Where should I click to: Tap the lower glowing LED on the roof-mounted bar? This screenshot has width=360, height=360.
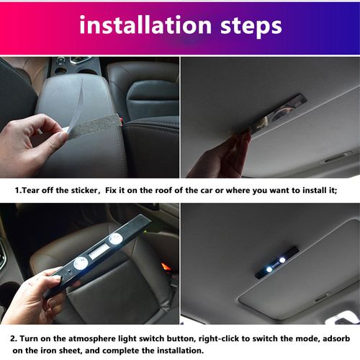[x=269, y=269]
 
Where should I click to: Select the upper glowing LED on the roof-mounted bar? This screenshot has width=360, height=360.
[x=283, y=258]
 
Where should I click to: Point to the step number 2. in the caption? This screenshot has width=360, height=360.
[x=14, y=338]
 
